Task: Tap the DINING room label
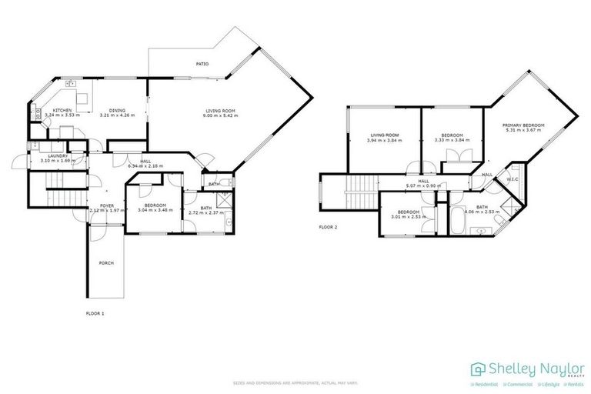click(117, 110)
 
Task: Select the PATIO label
click(202, 64)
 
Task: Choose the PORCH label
click(106, 263)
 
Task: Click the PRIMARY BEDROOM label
click(523, 125)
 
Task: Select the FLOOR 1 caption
click(95, 314)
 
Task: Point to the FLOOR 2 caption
click(329, 228)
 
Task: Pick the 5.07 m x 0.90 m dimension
click(423, 185)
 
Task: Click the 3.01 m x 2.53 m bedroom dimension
click(409, 216)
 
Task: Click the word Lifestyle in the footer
click(549, 382)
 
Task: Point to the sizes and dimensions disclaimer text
click(295, 382)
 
